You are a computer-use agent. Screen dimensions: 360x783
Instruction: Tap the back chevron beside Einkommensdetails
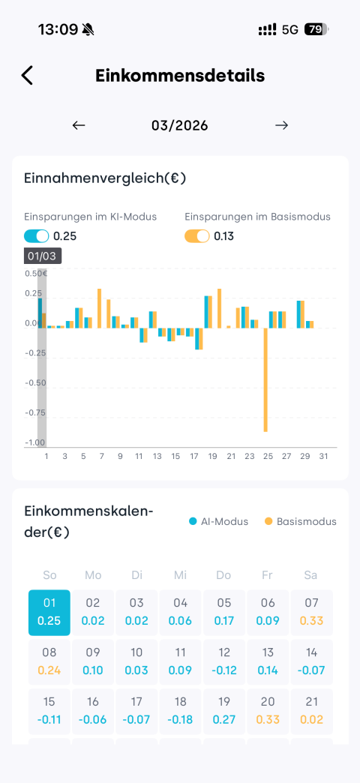click(x=27, y=76)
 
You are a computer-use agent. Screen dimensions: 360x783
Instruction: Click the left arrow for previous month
click(x=79, y=125)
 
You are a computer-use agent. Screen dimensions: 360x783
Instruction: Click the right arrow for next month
click(x=281, y=125)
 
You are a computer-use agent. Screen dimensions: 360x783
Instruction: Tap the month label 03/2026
click(x=180, y=125)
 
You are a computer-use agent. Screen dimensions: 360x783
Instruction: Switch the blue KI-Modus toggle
click(x=37, y=235)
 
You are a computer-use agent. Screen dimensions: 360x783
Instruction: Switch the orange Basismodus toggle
click(x=196, y=235)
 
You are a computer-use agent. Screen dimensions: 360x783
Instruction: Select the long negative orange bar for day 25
click(x=266, y=379)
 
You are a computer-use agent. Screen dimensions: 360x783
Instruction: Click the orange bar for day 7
click(x=99, y=308)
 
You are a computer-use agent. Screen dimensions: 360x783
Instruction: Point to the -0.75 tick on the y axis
click(x=35, y=413)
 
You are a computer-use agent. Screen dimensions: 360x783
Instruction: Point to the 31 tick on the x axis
click(x=323, y=457)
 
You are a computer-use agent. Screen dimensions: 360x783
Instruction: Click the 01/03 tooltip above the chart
click(x=43, y=256)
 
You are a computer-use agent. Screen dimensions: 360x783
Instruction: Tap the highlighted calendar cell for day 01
click(x=49, y=613)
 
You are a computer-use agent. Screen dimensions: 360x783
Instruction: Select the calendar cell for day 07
click(x=311, y=613)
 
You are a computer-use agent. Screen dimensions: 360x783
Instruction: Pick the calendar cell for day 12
click(x=224, y=661)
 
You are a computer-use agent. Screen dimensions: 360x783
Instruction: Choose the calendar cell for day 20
click(x=268, y=711)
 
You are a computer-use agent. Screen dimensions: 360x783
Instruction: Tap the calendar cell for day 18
click(x=180, y=711)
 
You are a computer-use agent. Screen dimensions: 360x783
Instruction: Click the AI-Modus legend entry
click(x=218, y=521)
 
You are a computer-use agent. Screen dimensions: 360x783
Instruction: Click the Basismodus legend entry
click(x=301, y=521)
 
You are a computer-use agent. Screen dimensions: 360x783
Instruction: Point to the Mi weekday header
click(x=180, y=575)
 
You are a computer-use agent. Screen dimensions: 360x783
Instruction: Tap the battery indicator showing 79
click(x=316, y=29)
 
